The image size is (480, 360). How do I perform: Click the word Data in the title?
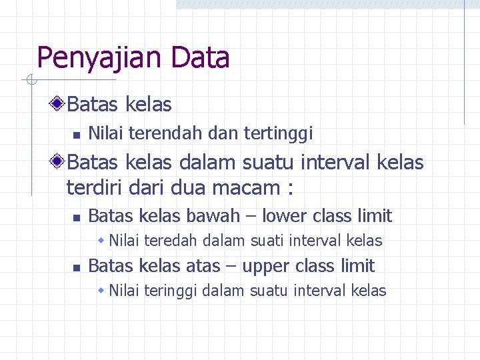(x=200, y=58)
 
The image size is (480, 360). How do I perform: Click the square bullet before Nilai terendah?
(x=76, y=135)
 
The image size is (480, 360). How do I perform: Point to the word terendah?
(x=165, y=133)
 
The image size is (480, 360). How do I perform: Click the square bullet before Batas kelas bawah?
(x=76, y=217)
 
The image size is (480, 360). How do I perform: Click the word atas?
(x=201, y=266)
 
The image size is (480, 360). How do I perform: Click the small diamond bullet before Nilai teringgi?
(x=101, y=291)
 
